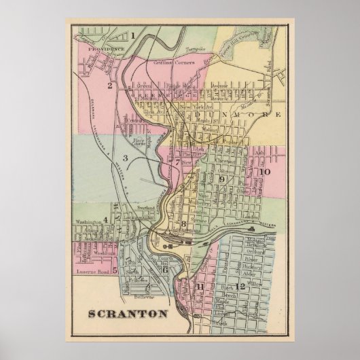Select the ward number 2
tap(108, 86)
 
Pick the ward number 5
tap(115, 271)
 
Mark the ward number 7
tap(177, 163)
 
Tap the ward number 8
tap(183, 225)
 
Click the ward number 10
tap(264, 172)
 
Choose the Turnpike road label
tap(195, 51)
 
